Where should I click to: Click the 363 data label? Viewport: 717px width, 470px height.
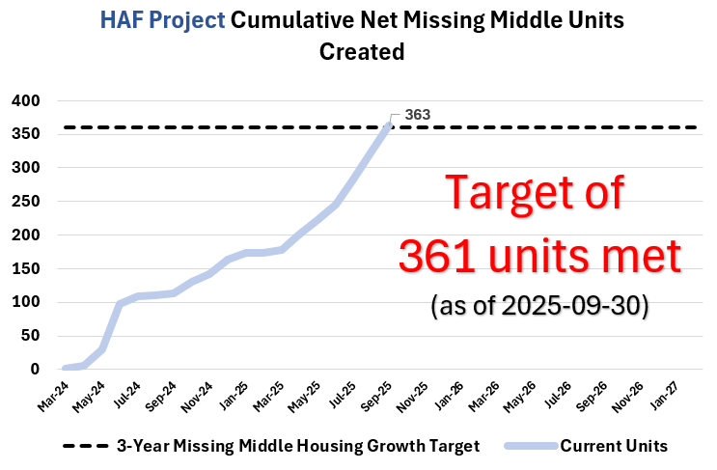[x=417, y=115]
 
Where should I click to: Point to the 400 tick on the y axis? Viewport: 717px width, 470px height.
[x=25, y=100]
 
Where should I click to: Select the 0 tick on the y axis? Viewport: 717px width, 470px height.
[x=35, y=369]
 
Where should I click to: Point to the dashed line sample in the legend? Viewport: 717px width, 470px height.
[x=85, y=446]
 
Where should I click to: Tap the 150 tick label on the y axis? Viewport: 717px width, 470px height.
[x=25, y=268]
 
